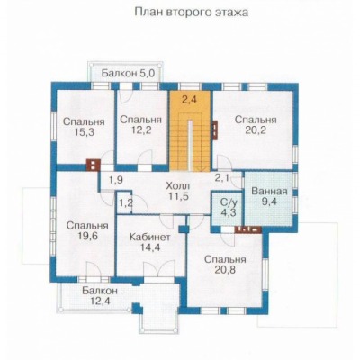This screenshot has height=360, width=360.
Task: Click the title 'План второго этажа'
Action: (192, 13)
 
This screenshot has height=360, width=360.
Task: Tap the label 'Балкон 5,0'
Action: (129, 73)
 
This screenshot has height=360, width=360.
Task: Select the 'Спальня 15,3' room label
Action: (84, 127)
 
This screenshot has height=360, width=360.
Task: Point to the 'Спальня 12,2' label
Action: (140, 124)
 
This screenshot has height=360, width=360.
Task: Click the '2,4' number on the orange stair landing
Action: (189, 100)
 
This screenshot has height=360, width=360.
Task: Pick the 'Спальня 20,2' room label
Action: (256, 125)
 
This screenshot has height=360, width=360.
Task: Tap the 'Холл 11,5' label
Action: (178, 192)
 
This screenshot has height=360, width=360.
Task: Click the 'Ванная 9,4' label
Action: (269, 196)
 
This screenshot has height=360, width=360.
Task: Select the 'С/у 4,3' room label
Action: (229, 207)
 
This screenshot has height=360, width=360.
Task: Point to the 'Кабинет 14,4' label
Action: (150, 242)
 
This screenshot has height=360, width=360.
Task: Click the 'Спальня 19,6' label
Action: (87, 230)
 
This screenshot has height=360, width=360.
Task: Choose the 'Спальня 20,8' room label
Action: (225, 265)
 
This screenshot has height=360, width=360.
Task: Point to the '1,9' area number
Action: (116, 180)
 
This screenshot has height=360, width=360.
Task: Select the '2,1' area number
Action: (221, 178)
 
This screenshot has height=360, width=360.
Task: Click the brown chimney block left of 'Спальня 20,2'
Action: (215, 130)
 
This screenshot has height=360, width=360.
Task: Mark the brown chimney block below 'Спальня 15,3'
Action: (94, 165)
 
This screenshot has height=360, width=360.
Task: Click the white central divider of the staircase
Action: (191, 146)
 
